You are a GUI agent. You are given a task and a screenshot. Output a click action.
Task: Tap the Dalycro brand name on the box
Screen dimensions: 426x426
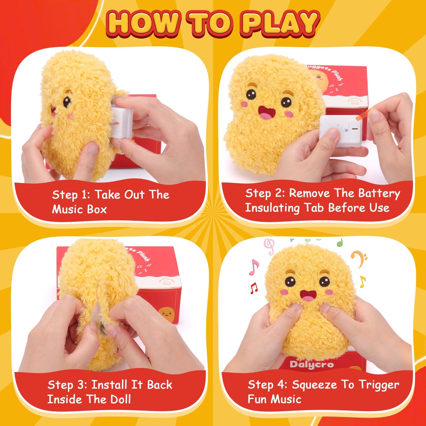[312, 364]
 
